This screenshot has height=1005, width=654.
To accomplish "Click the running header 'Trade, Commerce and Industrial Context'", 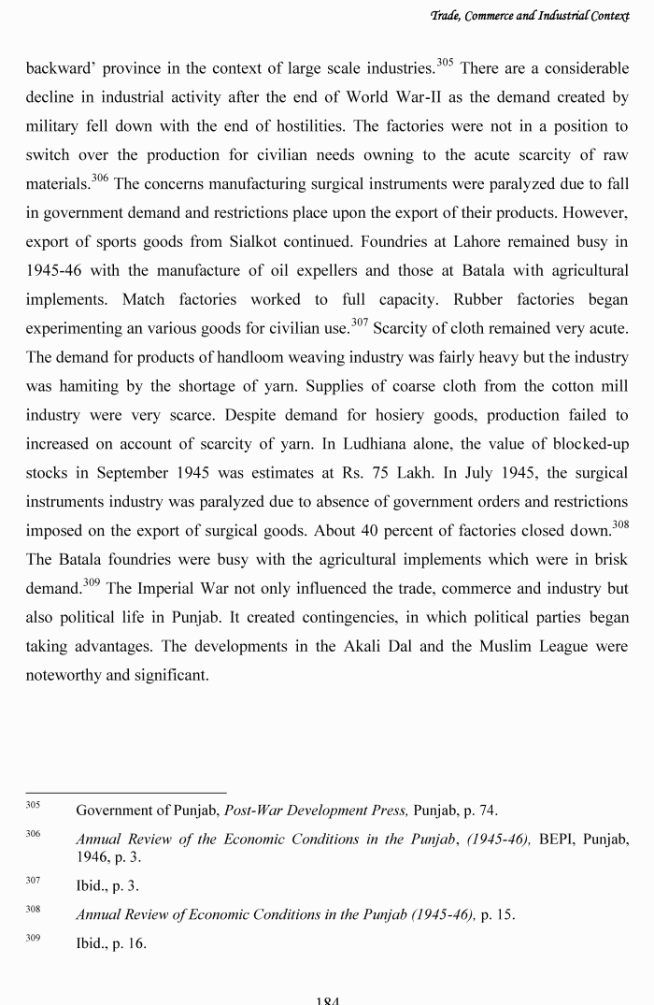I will tap(535, 16).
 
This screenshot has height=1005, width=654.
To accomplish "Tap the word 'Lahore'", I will tap(487, 241).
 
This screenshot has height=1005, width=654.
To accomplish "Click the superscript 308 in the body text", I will tap(620, 525).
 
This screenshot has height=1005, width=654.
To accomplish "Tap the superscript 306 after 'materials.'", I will tap(100, 178).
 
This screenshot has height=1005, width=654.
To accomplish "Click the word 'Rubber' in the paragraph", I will tap(481, 299).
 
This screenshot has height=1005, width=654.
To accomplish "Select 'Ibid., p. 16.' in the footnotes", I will tap(111, 943).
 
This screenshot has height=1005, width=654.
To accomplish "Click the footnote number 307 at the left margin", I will tap(33, 881).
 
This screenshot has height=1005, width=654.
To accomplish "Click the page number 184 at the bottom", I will tap(327, 999).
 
